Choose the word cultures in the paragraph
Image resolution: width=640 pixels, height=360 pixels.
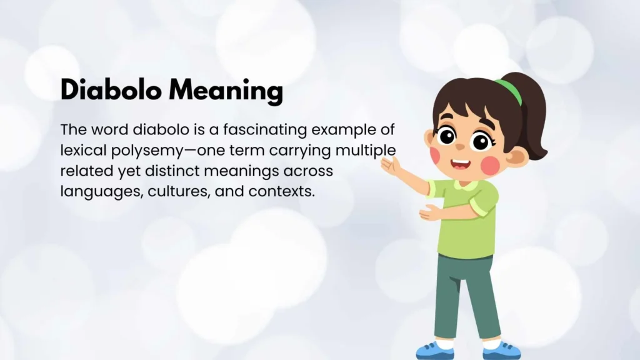178,191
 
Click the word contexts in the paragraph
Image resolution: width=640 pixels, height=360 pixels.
281,191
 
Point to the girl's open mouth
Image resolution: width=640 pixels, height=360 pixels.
460,165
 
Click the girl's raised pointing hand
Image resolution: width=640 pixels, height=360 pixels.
390,164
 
